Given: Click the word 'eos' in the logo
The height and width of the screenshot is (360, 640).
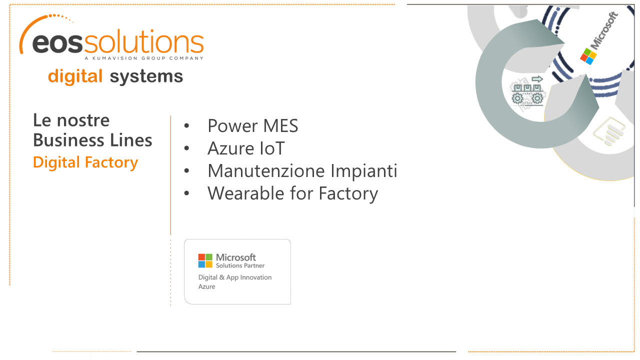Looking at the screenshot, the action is [x=57, y=43].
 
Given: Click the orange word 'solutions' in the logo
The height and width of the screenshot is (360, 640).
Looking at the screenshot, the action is [x=143, y=41].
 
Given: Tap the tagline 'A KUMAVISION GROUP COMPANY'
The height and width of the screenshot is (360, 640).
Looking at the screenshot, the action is [x=144, y=58].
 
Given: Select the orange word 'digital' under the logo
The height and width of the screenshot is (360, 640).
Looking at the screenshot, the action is [x=75, y=76].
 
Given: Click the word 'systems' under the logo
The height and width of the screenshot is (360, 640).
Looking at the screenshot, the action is [x=146, y=76].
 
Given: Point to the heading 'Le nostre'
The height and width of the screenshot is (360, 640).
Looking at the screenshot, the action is [x=71, y=120].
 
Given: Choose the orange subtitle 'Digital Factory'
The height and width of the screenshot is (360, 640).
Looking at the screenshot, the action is [x=85, y=162].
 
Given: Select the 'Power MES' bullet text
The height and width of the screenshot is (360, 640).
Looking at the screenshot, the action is [x=253, y=125].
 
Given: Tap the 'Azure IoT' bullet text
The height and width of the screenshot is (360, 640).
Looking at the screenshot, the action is [x=246, y=148].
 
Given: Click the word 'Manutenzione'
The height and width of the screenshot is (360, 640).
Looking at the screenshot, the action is [x=266, y=171].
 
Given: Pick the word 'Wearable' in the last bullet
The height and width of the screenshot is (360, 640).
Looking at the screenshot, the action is [x=246, y=193].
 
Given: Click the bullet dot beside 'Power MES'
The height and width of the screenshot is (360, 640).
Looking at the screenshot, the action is [x=186, y=125].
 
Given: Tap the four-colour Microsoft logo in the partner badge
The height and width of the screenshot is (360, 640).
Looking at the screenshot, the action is [x=205, y=260].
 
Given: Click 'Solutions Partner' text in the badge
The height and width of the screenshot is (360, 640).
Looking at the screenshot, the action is [x=240, y=265].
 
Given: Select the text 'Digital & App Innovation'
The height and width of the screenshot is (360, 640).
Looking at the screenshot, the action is [x=235, y=277].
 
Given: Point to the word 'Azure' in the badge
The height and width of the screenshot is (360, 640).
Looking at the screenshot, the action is [x=206, y=286].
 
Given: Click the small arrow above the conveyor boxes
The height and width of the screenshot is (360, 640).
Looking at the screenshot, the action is [x=537, y=79].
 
